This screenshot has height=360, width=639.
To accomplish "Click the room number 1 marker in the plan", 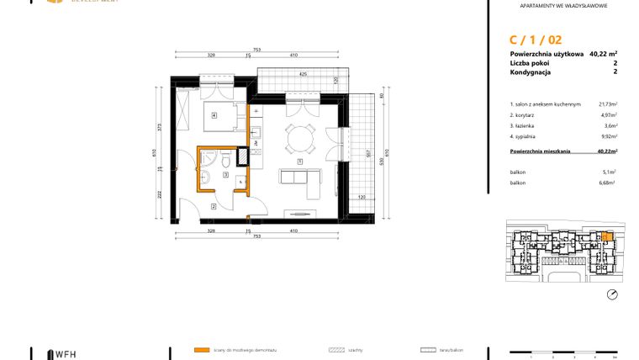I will (300, 161).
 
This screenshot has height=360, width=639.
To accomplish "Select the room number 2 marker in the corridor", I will (214, 206).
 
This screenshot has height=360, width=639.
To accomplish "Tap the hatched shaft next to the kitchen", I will (243, 156).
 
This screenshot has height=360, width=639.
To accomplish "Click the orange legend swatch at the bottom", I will (201, 349).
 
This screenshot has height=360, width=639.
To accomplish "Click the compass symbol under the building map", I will (611, 294).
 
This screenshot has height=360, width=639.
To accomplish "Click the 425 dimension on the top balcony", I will (303, 73).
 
